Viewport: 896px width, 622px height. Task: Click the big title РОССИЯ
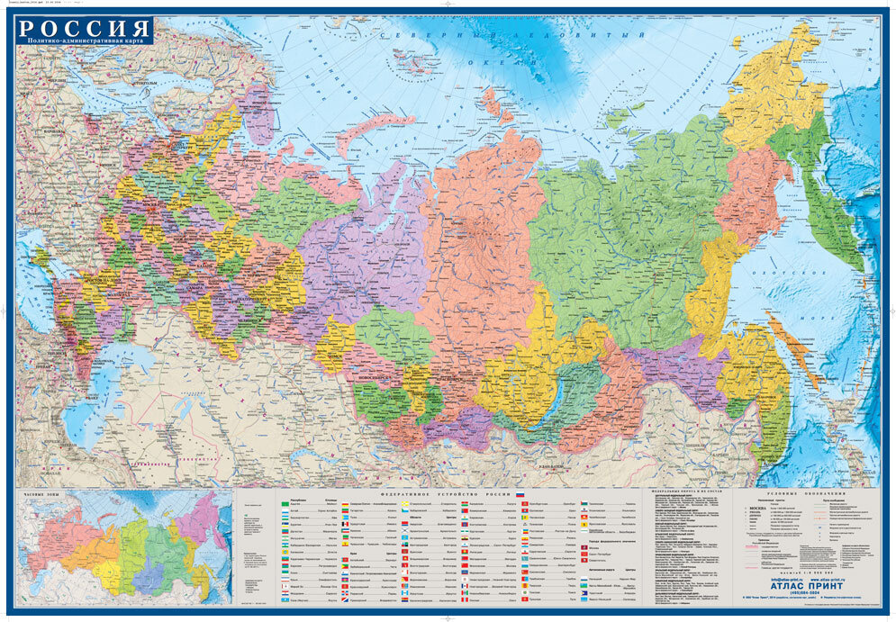tap(83, 27)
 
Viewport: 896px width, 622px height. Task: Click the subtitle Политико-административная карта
tap(83, 41)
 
